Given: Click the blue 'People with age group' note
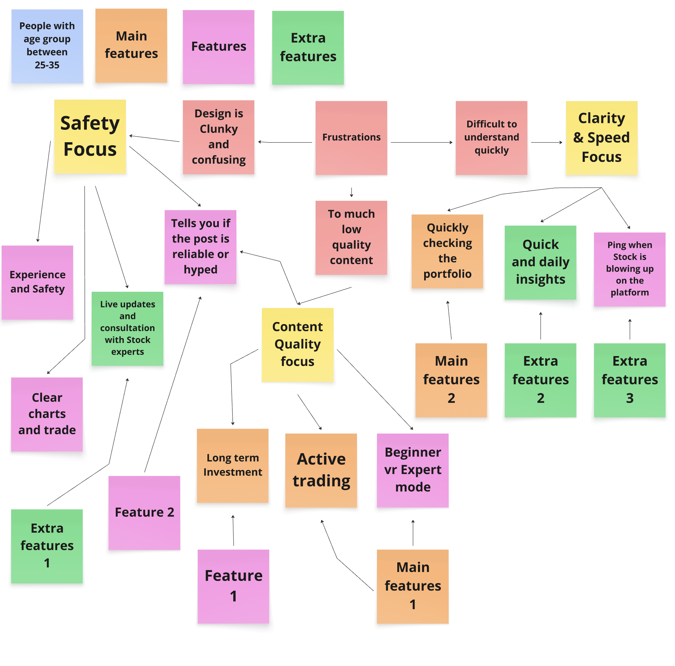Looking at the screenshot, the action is point(47,46).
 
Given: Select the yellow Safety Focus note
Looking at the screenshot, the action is point(90,137).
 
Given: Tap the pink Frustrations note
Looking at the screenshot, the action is point(351,138).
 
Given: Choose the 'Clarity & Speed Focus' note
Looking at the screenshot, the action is point(601,138).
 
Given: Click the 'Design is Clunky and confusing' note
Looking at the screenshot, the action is point(218,137).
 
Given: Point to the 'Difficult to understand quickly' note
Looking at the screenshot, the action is point(491,138).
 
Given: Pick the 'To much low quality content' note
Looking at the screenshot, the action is point(351,238).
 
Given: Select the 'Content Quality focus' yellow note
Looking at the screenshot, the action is point(297,344).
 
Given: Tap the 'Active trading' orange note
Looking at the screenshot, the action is point(321,470).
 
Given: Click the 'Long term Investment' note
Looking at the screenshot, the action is point(232,465).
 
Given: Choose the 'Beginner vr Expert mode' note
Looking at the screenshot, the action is point(413,470).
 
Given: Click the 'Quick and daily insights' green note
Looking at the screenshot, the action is point(540,262).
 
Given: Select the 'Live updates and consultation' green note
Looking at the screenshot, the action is point(127,328).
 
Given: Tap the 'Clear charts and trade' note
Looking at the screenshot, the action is point(47,414).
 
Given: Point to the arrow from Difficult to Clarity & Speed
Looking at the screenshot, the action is point(546,143).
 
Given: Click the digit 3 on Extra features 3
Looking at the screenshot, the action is point(630,398).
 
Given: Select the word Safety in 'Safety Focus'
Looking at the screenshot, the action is point(90,123).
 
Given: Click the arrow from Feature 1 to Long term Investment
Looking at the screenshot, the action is point(233,530).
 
